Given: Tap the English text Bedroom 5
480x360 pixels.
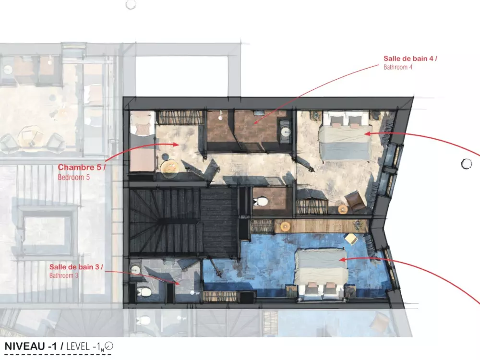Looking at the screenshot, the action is [74, 177].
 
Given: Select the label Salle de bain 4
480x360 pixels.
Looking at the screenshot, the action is [410, 59].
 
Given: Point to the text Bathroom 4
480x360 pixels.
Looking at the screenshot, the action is [398, 67].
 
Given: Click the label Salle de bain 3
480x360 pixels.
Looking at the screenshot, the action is [76, 267].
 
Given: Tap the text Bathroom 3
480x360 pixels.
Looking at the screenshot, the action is [64, 276].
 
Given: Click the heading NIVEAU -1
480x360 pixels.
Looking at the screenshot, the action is [31, 346].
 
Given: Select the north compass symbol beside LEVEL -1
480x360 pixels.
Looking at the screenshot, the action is [109, 346].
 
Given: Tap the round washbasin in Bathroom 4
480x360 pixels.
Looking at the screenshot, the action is [286, 132].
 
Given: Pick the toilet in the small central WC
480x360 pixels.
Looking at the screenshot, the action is [260, 202].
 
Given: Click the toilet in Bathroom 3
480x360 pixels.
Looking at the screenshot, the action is [143, 292].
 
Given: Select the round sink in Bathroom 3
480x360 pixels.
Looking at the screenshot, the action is [135, 270].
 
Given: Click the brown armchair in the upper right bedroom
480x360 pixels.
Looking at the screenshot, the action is [355, 201].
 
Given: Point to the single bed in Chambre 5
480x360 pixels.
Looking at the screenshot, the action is [143, 142].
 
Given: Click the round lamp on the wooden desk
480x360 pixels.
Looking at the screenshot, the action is [285, 226].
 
